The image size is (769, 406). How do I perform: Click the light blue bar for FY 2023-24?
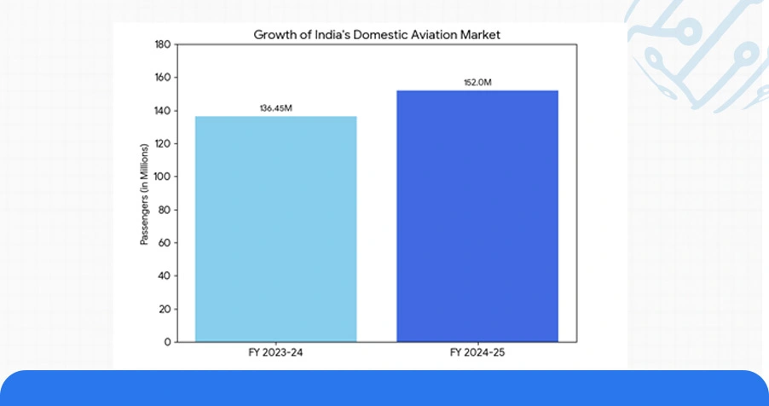pyautogui.click(x=275, y=229)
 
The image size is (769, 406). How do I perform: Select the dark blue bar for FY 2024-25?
pyautogui.click(x=477, y=216)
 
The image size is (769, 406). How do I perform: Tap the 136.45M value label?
pyautogui.click(x=275, y=108)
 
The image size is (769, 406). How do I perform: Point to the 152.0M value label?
pyautogui.click(x=477, y=83)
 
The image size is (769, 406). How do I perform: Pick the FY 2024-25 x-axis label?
pyautogui.click(x=477, y=352)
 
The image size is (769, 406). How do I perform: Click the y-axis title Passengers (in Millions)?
pyautogui.click(x=145, y=194)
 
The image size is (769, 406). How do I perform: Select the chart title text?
pyautogui.click(x=376, y=35)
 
